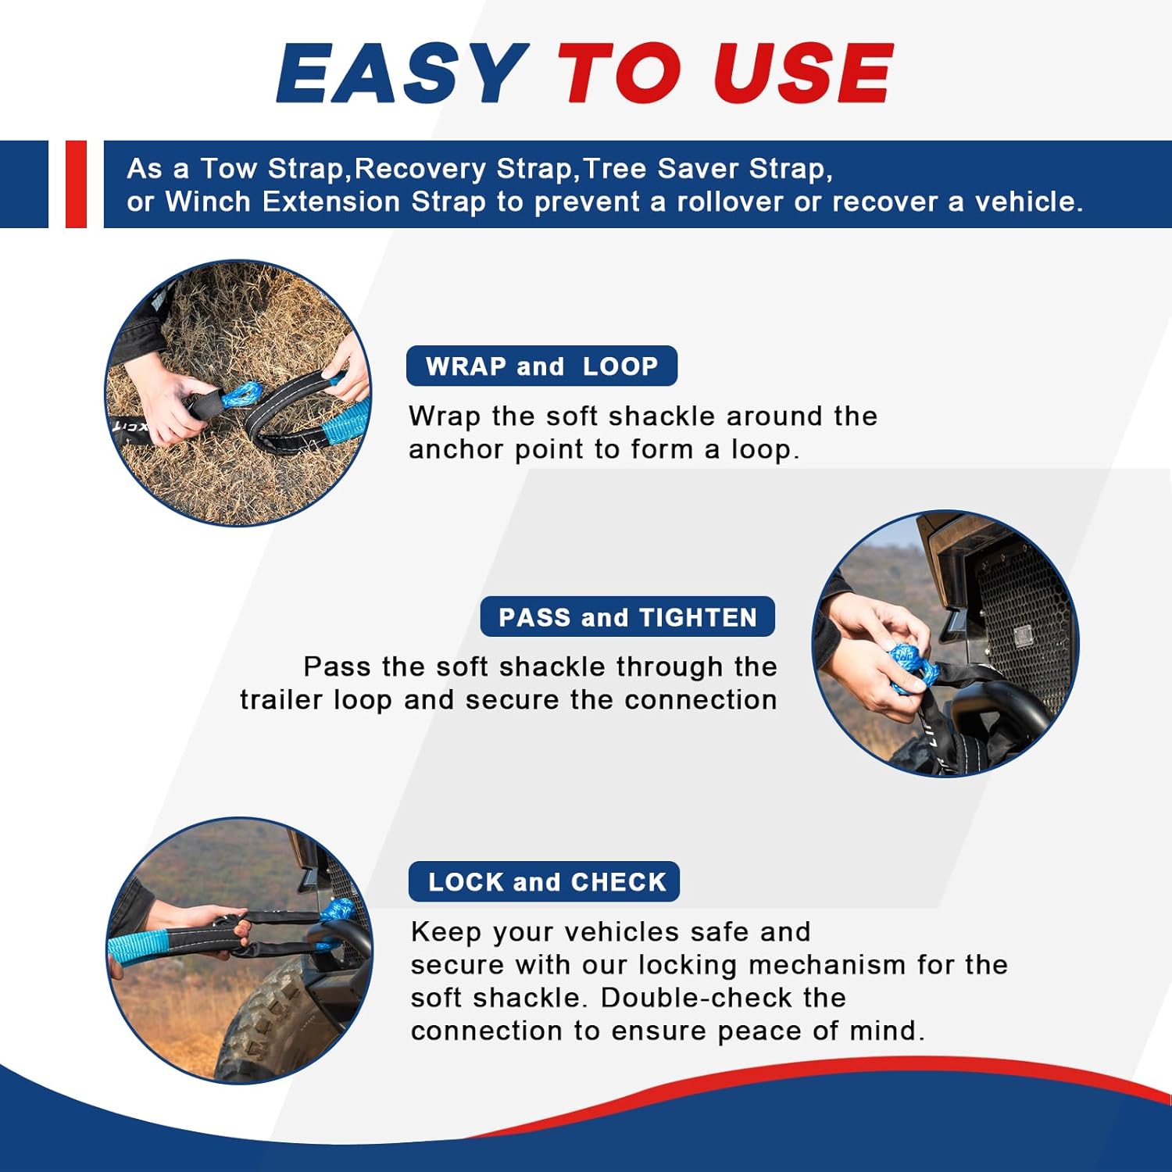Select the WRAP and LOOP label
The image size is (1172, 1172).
[x=541, y=366]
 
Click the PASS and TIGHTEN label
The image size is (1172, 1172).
[x=627, y=617]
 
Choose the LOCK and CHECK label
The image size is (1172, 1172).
[x=544, y=881]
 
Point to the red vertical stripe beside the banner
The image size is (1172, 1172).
[x=76, y=184]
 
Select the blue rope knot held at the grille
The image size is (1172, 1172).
[x=911, y=668]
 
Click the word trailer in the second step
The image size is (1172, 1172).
[x=281, y=700]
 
